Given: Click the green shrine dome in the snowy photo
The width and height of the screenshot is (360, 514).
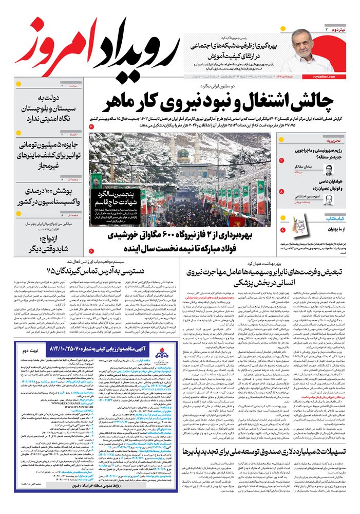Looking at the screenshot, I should pyautogui.click(x=183, y=153).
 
